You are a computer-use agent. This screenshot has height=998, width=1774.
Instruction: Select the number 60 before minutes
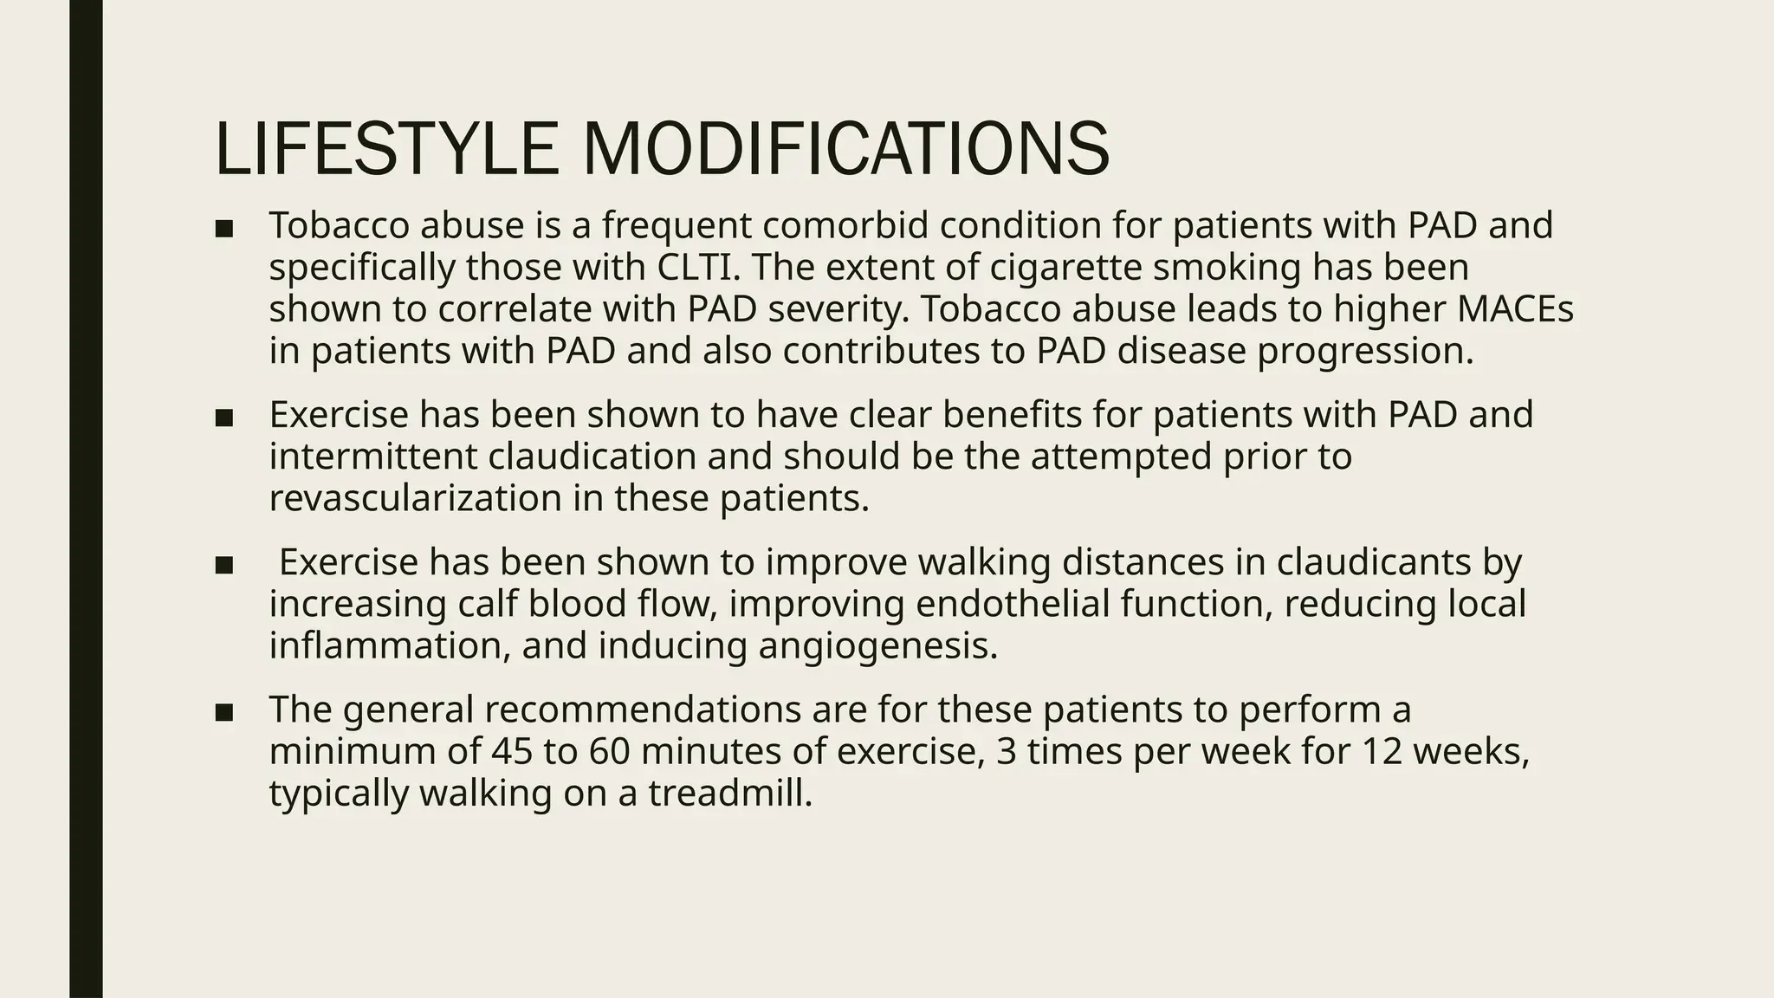(610, 751)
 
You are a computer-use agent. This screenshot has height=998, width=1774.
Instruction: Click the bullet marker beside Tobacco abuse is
(223, 229)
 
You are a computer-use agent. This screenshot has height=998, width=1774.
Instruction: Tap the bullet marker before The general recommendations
(223, 712)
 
